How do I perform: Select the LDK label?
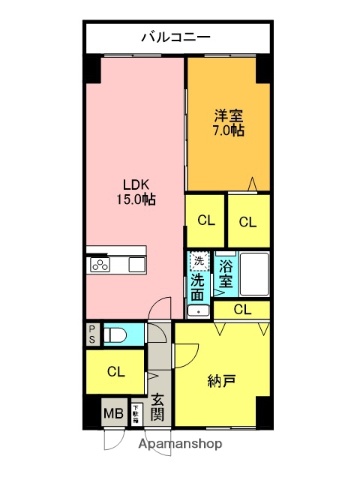pyautogui.click(x=137, y=184)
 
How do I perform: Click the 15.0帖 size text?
pyautogui.click(x=137, y=200)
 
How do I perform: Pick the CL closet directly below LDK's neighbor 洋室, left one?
pyautogui.click(x=204, y=221)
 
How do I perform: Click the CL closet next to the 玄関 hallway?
pyautogui.click(x=116, y=372)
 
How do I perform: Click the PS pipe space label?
pyautogui.click(x=92, y=335)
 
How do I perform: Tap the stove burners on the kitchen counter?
pyautogui.click(x=102, y=265)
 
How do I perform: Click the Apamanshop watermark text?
pyautogui.click(x=179, y=443)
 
